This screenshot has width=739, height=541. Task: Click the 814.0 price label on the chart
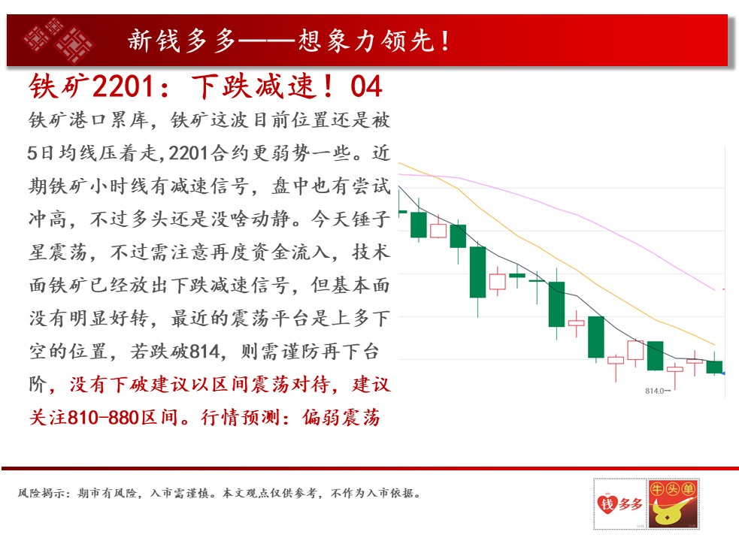[654, 391]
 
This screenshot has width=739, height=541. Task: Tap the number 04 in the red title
[365, 86]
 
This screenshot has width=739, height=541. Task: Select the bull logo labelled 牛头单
[673, 503]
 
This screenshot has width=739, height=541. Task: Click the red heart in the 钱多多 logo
[607, 503]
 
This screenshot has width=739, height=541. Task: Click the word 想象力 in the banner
[337, 41]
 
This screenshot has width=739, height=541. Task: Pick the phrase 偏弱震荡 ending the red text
[341, 418]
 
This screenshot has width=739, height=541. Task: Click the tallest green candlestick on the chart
[477, 273]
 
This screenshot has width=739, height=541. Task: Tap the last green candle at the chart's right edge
[714, 367]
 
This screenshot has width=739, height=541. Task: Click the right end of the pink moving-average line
[715, 289]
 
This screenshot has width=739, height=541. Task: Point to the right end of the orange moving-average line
[714, 345]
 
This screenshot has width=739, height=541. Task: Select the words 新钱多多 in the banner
[182, 41]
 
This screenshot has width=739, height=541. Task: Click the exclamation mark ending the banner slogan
[445, 41]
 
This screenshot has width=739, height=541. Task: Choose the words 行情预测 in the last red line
[241, 418]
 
